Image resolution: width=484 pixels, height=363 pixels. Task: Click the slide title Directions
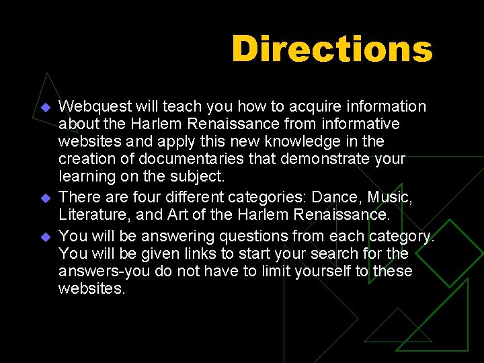coord(331,48)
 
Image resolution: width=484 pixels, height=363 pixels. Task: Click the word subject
coord(200,176)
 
